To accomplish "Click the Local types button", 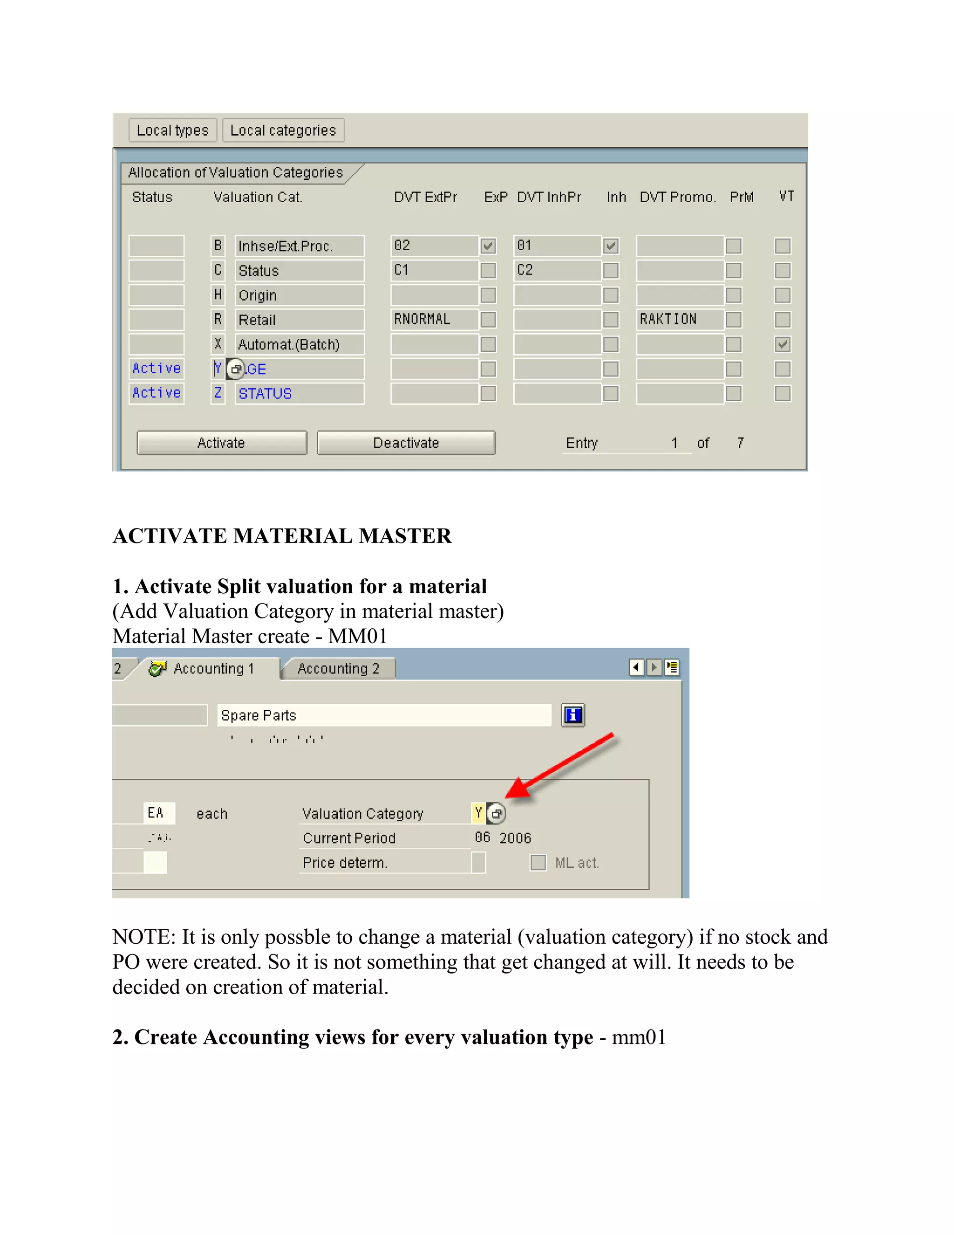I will [172, 130].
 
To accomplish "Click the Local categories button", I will [283, 130].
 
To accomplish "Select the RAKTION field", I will [679, 320].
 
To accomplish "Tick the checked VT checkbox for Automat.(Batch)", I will [782, 344].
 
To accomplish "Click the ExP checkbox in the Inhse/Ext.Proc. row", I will [488, 246].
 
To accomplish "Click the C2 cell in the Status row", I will [556, 270].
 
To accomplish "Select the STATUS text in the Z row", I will [265, 394].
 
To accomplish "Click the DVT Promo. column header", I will [678, 197].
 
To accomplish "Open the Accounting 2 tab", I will [338, 668].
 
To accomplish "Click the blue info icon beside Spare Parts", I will [572, 715].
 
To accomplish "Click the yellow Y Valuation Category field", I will [478, 813].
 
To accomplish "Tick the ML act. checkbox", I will [538, 862].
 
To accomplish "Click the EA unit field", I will [158, 813].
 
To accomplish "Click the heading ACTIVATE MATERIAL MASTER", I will [281, 535].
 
